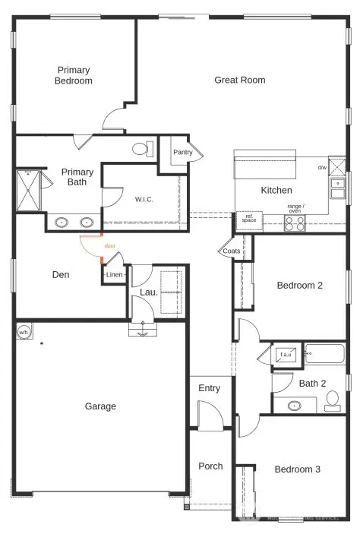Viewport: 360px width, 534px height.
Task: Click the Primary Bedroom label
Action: pyautogui.click(x=74, y=75)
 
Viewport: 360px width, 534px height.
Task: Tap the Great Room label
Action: pyautogui.click(x=239, y=80)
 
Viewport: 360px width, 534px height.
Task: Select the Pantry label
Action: pyautogui.click(x=182, y=152)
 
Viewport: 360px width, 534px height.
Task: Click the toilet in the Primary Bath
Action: pyautogui.click(x=141, y=148)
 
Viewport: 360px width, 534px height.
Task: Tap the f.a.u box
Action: pyautogui.click(x=286, y=354)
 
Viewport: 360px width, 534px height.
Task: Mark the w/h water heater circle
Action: pyautogui.click(x=24, y=332)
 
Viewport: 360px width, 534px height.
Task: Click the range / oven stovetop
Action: pyautogui.click(x=295, y=223)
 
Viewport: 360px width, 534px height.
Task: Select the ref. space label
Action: pyautogui.click(x=248, y=218)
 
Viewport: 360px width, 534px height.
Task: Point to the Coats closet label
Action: pyautogui.click(x=232, y=251)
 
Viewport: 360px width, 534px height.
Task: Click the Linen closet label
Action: pyautogui.click(x=114, y=275)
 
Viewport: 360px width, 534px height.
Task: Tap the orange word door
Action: pyautogui.click(x=110, y=245)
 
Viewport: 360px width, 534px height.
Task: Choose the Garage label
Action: pyautogui.click(x=100, y=406)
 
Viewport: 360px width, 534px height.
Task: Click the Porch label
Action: pyautogui.click(x=210, y=466)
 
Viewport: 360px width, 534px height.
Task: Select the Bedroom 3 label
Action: pyautogui.click(x=297, y=469)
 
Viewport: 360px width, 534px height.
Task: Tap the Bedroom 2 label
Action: pyautogui.click(x=300, y=286)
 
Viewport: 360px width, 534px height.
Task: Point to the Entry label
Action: pyautogui.click(x=209, y=388)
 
